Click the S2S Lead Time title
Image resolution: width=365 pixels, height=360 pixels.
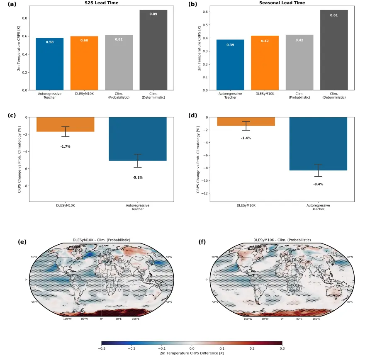point(101,3)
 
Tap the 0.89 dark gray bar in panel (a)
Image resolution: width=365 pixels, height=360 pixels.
point(153,50)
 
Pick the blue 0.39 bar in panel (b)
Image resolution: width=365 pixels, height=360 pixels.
point(230,65)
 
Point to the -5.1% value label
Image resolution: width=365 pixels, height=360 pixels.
point(138,178)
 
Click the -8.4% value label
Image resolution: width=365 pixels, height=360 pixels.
point(318,184)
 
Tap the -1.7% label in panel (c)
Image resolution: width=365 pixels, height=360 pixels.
point(66,146)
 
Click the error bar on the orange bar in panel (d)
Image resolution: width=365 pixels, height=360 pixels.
point(246,126)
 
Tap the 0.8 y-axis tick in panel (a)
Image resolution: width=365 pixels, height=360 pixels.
point(25,18)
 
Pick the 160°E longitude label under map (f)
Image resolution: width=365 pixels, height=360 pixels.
point(316,319)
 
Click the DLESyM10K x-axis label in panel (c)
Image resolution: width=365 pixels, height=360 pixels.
point(66,205)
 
